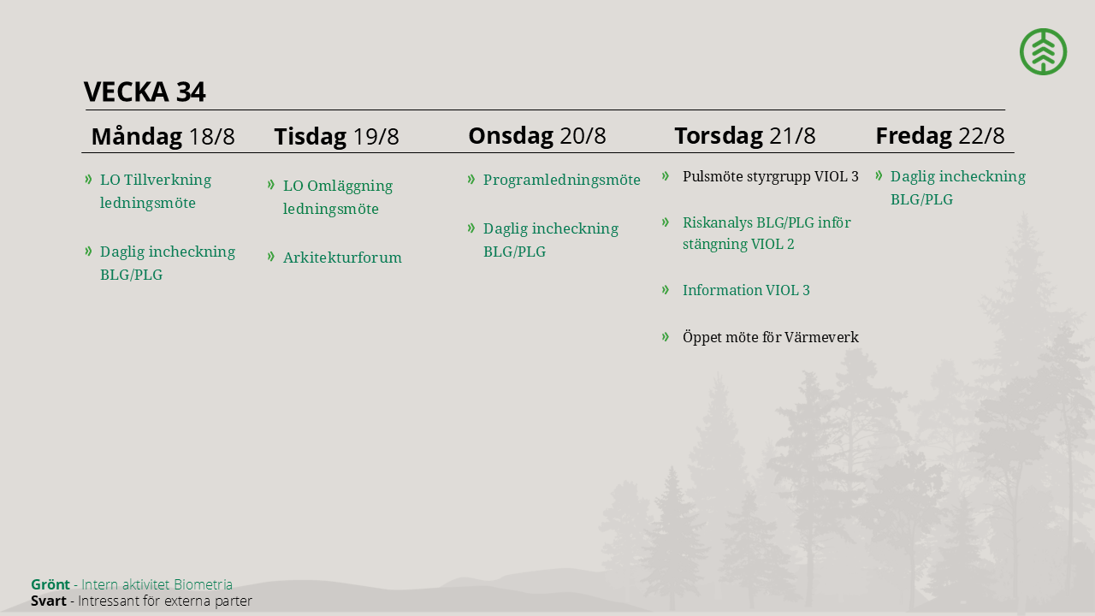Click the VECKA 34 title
pyautogui.click(x=145, y=92)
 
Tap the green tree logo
pyautogui.click(x=1043, y=52)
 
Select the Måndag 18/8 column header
pyautogui.click(x=163, y=136)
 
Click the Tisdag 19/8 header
pyautogui.click(x=336, y=136)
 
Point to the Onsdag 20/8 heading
pyautogui.click(x=536, y=136)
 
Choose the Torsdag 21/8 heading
pyautogui.click(x=745, y=136)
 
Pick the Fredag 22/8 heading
pyautogui.click(x=940, y=136)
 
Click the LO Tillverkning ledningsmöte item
pyautogui.click(x=156, y=191)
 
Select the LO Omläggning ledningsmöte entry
pyautogui.click(x=338, y=197)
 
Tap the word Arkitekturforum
pyautogui.click(x=342, y=258)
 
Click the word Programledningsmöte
pyautogui.click(x=562, y=180)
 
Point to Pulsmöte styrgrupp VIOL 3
pyautogui.click(x=771, y=176)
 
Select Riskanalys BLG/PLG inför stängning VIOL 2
pyautogui.click(x=766, y=234)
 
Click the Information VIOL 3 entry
pyautogui.click(x=746, y=290)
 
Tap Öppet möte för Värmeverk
pyautogui.click(x=771, y=337)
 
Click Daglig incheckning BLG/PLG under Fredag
pyautogui.click(x=957, y=188)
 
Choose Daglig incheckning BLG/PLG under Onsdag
pyautogui.click(x=550, y=240)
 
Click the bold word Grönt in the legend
pyautogui.click(x=50, y=584)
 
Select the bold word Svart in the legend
pyautogui.click(x=49, y=601)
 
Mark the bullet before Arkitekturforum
pyautogui.click(x=271, y=256)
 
